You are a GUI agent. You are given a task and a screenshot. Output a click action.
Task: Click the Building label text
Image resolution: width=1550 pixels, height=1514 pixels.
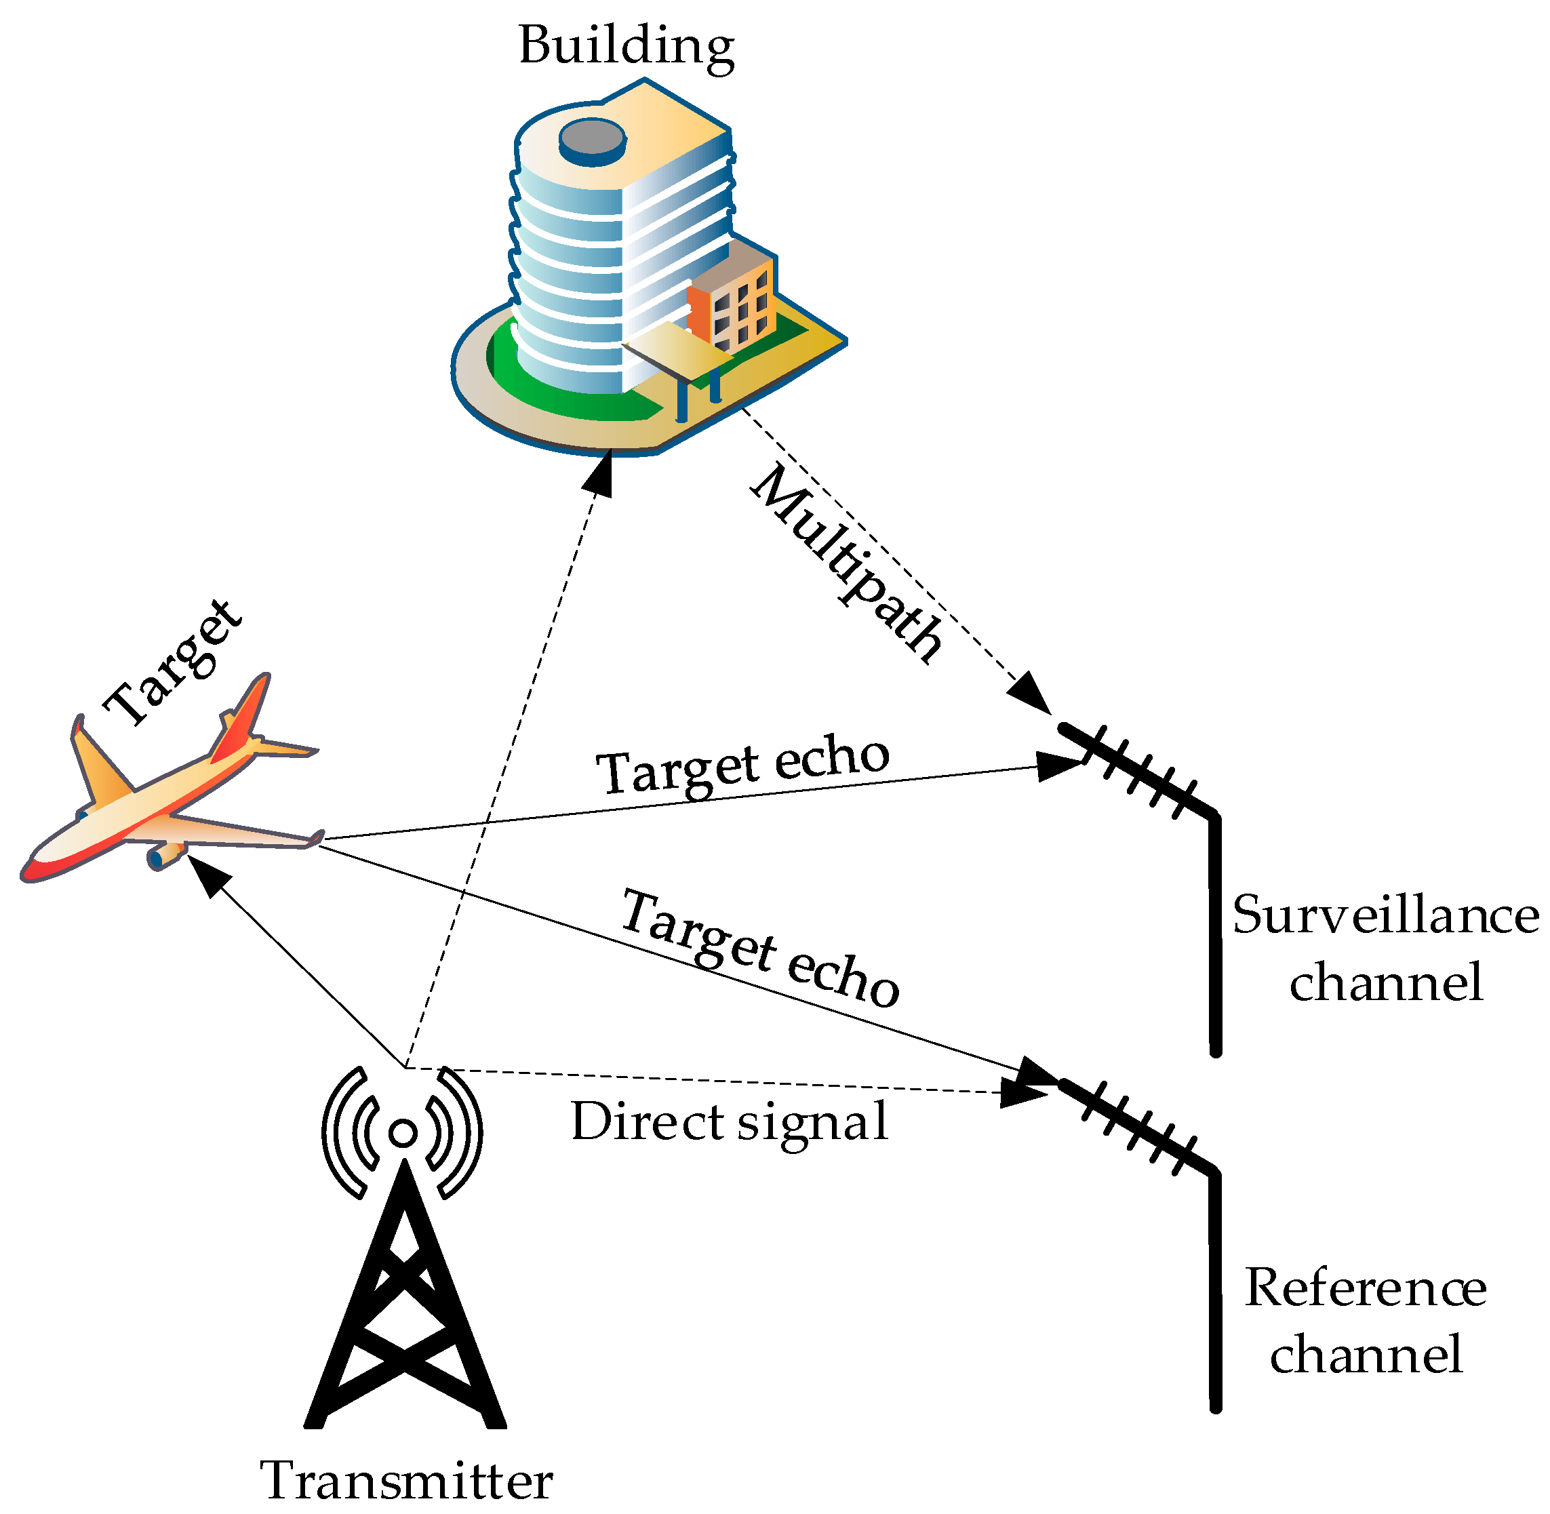coord(626,46)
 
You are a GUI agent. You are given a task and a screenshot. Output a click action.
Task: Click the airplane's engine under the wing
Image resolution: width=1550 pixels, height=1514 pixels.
coord(165,856)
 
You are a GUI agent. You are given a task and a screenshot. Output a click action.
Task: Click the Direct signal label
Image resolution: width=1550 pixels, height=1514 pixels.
coord(728,1122)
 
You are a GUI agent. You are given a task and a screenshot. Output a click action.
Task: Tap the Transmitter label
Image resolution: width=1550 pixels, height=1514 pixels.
coord(405,1480)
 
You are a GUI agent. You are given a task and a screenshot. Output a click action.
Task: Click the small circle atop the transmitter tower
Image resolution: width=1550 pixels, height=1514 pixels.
coord(403,1132)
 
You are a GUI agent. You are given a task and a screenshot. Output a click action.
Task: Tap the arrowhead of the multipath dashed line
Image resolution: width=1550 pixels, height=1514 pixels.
coord(1031,694)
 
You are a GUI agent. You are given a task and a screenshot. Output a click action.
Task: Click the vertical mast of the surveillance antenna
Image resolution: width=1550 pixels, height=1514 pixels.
coord(1214,938)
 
